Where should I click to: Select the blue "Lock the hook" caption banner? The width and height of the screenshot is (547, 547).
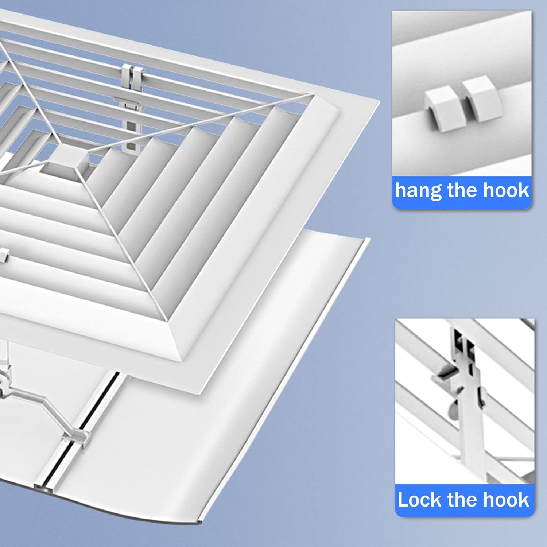[464, 500]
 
